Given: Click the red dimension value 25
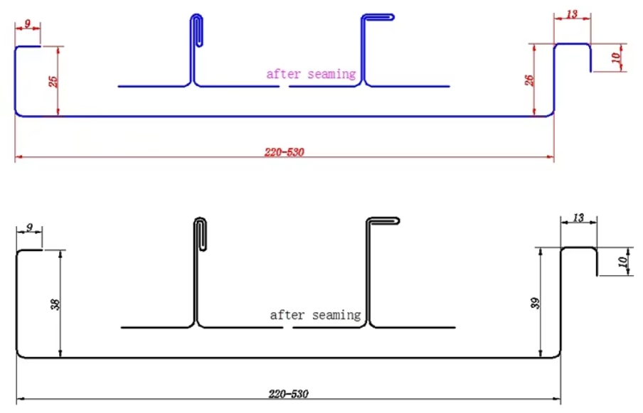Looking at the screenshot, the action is point(53,81).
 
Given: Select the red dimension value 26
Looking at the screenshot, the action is point(529,80).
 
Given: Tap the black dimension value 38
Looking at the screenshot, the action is point(55,304).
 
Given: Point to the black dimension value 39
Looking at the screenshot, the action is point(535,304).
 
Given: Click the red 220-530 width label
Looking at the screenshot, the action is point(285,152).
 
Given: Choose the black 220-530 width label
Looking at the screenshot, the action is point(288,394).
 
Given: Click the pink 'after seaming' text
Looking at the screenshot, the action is point(312,74).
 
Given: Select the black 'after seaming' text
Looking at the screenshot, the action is point(315,315).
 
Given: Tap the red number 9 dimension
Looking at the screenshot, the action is point(28,23).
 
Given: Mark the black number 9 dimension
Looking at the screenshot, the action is point(29,227).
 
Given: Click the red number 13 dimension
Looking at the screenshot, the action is point(572,14).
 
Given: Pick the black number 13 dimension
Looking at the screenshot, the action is point(578,218).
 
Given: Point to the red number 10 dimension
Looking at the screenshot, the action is point(616,58).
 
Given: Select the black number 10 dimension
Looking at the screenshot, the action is point(622,262).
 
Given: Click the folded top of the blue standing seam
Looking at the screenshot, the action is point(197,16).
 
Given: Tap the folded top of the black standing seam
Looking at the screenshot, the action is point(200,220).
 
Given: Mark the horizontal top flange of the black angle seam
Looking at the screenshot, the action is point(383,220).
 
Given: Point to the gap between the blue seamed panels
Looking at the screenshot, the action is point(285,87).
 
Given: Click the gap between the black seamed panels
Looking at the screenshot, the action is point(288,328).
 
